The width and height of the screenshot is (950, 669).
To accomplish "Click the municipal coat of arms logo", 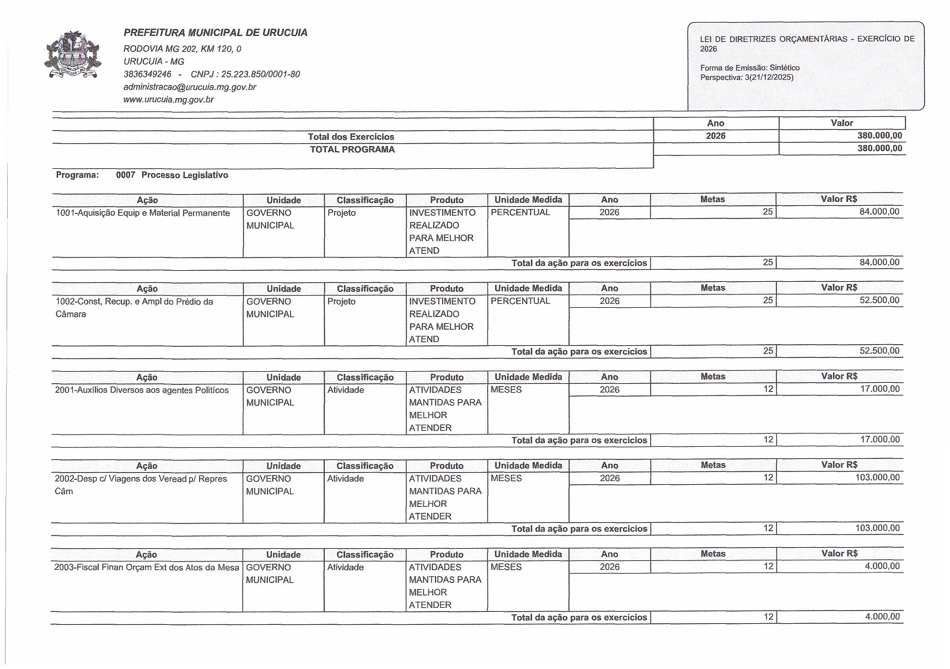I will pos(73,55).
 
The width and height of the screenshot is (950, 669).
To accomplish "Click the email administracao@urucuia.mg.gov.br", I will pos(190,87).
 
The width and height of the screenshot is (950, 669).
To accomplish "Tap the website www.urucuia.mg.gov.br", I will pos(168,100).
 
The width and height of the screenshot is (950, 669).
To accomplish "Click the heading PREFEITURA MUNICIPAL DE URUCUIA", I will pos(216,33).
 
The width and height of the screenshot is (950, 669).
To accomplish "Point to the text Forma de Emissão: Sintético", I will pos(749,68).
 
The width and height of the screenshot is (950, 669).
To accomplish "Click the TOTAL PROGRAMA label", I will pos(352,149).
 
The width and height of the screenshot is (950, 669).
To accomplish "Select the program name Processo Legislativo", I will pos(185,175).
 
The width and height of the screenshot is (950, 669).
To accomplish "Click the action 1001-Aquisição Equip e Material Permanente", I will pos(143,213).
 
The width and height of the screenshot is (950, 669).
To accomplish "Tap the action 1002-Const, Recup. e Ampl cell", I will pos(134,308).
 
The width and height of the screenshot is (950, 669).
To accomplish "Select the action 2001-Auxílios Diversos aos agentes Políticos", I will pos(142,390).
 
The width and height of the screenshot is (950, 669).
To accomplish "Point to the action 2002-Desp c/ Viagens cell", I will pos(141,485).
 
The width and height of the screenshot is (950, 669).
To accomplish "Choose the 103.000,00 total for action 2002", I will pos(877,528).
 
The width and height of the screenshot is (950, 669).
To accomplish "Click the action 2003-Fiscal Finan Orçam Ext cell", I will pos(147,568).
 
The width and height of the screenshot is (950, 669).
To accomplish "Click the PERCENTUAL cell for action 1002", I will pos(520,301).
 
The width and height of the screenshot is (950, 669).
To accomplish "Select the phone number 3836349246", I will pos(147,74).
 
